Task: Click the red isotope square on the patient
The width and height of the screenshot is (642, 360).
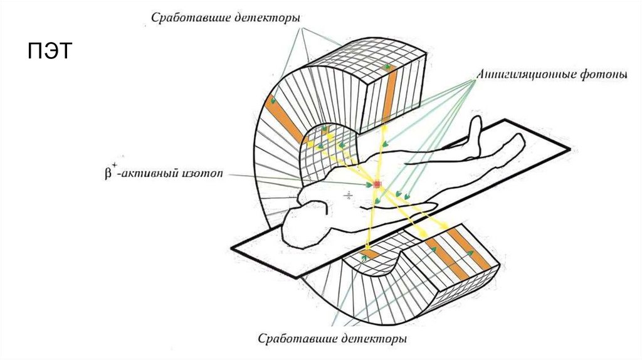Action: (x=377, y=184)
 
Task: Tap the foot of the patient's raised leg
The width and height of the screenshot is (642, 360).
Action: (x=476, y=125)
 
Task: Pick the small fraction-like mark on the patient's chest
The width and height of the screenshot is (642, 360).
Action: (x=348, y=196)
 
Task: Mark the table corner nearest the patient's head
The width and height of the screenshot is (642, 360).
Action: (x=233, y=246)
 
